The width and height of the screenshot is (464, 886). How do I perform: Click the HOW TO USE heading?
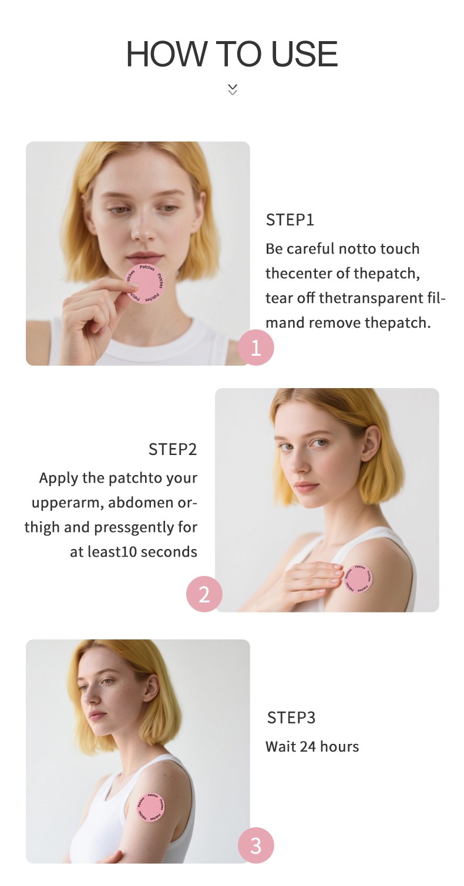point(232,54)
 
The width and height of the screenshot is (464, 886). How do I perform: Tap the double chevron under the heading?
point(233,90)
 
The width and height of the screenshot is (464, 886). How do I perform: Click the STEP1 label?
point(290,220)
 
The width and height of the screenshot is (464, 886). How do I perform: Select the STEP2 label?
point(173,449)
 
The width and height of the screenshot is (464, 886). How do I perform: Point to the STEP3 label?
point(291,717)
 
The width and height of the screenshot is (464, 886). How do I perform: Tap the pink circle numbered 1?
point(256,347)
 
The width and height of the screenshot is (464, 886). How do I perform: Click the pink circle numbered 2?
point(204,594)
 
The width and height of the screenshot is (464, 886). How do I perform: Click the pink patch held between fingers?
point(145,284)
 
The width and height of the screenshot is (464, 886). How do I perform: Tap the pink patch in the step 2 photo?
point(358,579)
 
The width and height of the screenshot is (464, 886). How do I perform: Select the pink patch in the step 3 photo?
point(151,807)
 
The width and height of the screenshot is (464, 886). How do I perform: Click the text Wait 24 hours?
point(312,746)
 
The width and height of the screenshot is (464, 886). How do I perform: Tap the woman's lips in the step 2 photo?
point(305,486)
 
